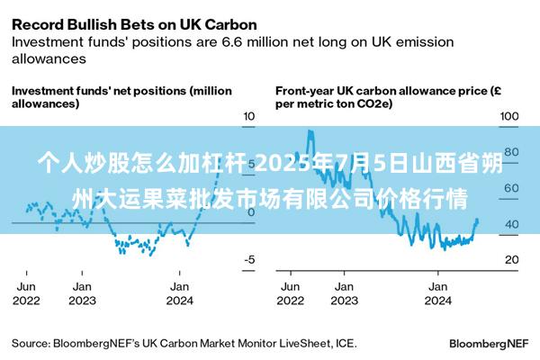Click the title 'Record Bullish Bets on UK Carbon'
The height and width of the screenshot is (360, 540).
[x=134, y=24]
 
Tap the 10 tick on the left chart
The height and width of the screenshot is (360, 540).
[x=250, y=116]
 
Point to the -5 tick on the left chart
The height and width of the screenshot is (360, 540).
[x=250, y=259]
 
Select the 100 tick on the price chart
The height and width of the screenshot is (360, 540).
[x=509, y=116]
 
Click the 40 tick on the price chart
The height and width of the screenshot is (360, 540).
[x=510, y=223]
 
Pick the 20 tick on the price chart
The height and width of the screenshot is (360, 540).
[x=510, y=259]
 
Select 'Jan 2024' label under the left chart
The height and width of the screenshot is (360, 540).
[x=179, y=292]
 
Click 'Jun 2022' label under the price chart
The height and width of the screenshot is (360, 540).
[x=290, y=292]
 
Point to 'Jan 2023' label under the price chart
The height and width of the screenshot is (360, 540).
[x=344, y=292]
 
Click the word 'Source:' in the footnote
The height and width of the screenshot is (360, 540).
[x=30, y=343]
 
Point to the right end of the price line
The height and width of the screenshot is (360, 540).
[x=477, y=220]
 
